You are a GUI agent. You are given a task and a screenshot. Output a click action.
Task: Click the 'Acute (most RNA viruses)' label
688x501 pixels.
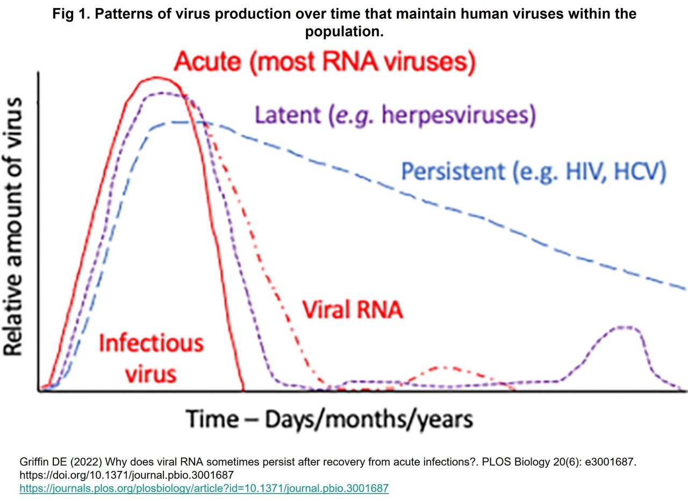click(325, 62)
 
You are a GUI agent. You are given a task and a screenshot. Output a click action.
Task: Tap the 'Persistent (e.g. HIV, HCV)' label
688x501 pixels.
click(534, 171)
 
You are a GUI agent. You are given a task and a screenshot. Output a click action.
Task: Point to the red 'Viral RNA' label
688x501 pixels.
click(352, 310)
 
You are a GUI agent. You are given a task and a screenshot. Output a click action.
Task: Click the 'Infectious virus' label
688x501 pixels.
click(151, 357)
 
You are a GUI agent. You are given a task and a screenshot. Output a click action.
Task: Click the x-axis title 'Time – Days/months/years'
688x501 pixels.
click(329, 419)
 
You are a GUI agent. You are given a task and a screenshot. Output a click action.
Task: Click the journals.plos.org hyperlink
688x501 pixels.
click(204, 488)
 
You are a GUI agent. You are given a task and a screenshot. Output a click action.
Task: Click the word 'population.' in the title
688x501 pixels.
click(344, 32)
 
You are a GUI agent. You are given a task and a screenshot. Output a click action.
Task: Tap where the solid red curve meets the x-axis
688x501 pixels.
click(245, 390)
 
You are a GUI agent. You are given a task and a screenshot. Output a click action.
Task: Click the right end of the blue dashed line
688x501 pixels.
click(685, 289)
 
